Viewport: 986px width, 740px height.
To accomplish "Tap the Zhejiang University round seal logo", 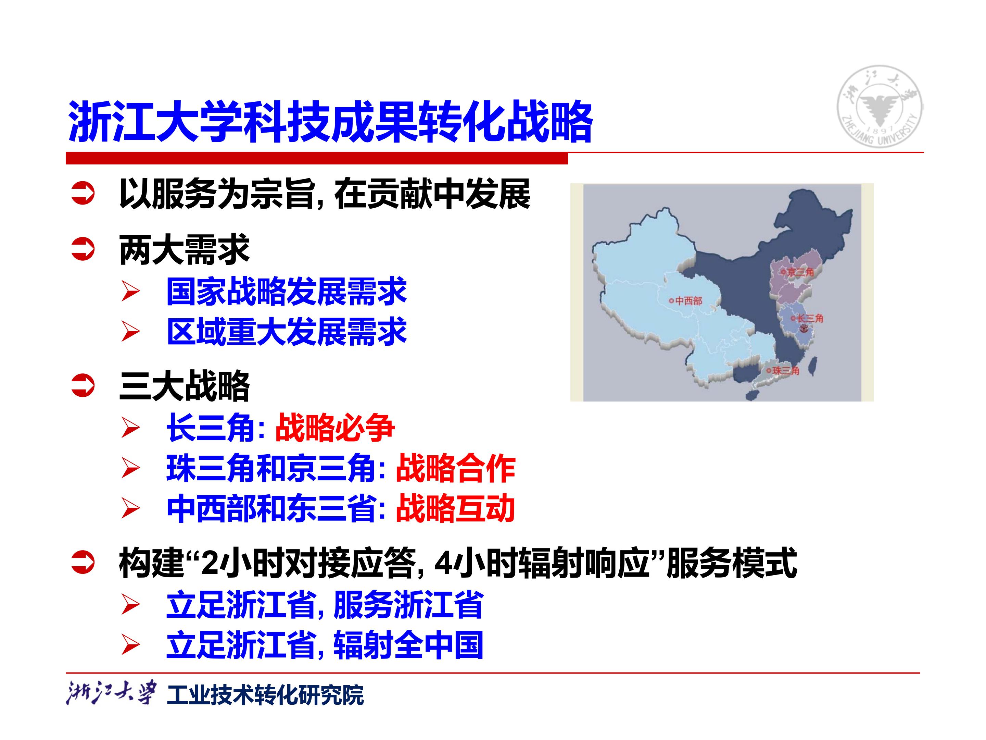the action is point(880,106).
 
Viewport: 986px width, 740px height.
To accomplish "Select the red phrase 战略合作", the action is point(456,468).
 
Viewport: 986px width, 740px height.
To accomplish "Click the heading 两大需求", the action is point(185,250).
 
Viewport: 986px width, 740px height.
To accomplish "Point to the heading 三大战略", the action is point(185,386).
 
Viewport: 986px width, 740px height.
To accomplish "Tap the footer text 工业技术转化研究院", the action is point(265,695).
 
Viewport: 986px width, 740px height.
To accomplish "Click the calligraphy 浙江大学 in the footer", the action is point(111,693).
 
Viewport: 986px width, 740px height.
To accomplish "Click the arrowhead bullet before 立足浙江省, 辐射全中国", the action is point(130,645).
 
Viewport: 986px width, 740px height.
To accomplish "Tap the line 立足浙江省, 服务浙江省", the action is point(325,605).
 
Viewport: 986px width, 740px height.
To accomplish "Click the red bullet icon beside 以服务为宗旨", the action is point(83,194).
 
